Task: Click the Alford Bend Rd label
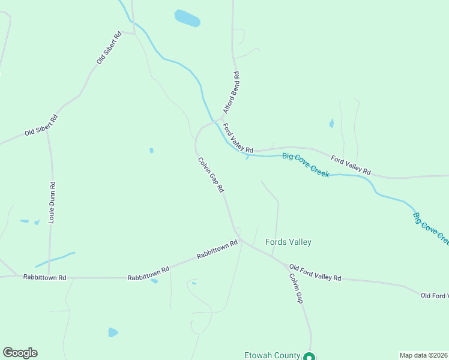(x=232, y=93)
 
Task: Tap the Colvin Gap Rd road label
(x=211, y=175)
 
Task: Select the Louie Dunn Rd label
(x=52, y=203)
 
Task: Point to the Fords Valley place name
(x=288, y=242)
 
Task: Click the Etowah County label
(x=271, y=355)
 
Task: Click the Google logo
(x=20, y=353)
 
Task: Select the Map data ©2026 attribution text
(x=423, y=355)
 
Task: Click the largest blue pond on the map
(x=187, y=18)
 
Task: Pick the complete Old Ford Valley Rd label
(x=315, y=272)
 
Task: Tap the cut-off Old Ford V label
(x=434, y=296)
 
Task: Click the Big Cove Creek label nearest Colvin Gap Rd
(x=306, y=165)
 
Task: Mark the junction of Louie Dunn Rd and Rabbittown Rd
(x=49, y=277)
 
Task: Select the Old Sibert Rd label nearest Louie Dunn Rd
(x=41, y=125)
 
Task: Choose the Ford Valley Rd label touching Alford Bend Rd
(x=238, y=137)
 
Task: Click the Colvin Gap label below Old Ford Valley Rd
(x=296, y=289)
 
